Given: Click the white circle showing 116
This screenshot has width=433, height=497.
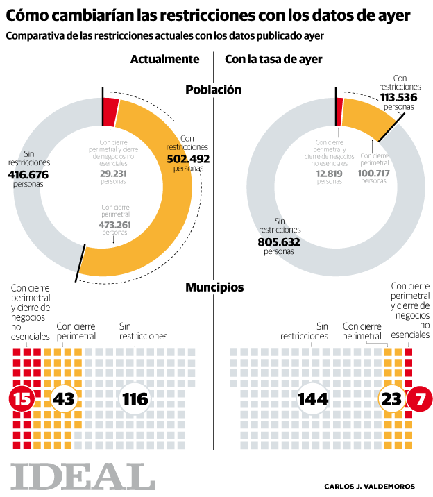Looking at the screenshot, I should (135, 398).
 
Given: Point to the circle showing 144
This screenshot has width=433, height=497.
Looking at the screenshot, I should (313, 398).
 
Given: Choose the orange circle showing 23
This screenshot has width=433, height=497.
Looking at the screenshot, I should (392, 398).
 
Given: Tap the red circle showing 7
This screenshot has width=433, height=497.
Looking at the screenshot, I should (419, 398).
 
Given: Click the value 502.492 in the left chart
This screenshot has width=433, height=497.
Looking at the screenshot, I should (187, 158).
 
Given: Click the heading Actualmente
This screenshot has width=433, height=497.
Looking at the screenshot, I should (165, 60).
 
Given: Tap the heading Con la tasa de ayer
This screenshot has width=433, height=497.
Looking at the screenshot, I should (273, 60).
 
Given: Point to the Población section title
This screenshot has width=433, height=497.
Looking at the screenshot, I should (213, 90).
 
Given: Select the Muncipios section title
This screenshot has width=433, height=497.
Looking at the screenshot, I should (214, 287).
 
